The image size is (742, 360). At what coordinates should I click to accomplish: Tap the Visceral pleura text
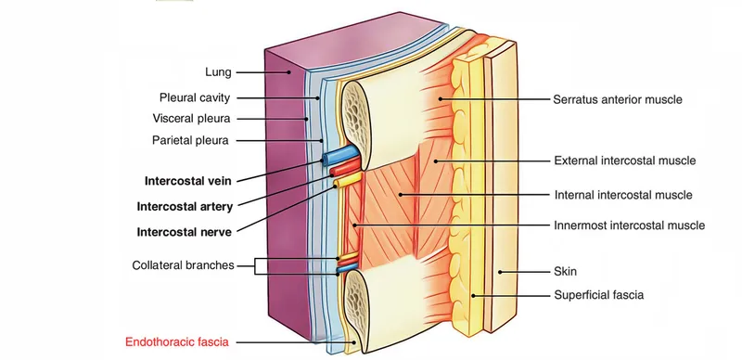[191, 119]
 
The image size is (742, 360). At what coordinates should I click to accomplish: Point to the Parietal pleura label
[191, 141]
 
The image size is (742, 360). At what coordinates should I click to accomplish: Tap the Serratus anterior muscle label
[618, 98]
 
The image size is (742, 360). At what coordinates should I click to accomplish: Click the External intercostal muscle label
[624, 161]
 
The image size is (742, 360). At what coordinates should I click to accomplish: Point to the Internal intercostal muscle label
[623, 195]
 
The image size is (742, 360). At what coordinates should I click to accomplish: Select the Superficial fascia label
[598, 295]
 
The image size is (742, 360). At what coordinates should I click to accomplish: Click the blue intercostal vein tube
[340, 154]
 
